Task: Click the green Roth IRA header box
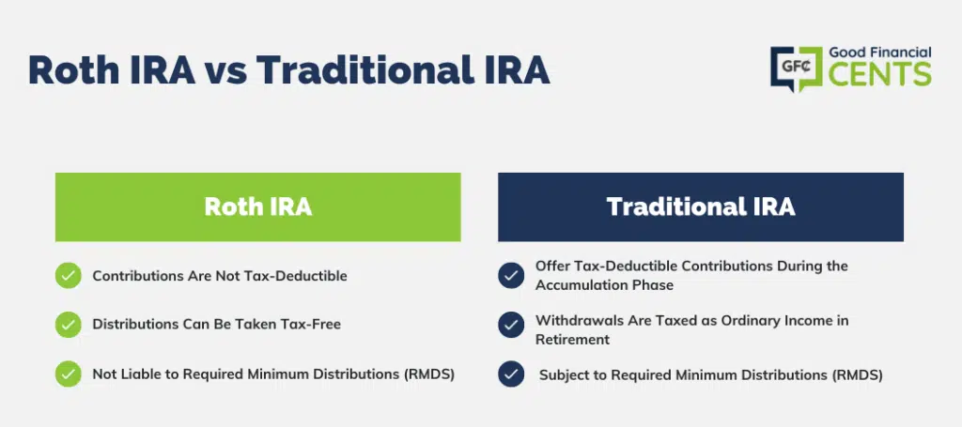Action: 257,207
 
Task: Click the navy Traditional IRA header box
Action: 701,207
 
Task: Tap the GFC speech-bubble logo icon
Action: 797,69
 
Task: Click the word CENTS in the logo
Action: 879,74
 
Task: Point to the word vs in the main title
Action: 225,69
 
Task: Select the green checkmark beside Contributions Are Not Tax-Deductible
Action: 68,276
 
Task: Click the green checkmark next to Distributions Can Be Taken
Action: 68,325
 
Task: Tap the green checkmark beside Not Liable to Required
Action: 68,374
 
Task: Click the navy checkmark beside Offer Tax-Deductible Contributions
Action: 511,276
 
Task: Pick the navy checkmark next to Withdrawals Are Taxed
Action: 511,325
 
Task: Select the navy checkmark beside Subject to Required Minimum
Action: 511,374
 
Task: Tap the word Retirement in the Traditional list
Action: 573,340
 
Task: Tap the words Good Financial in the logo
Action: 880,53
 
